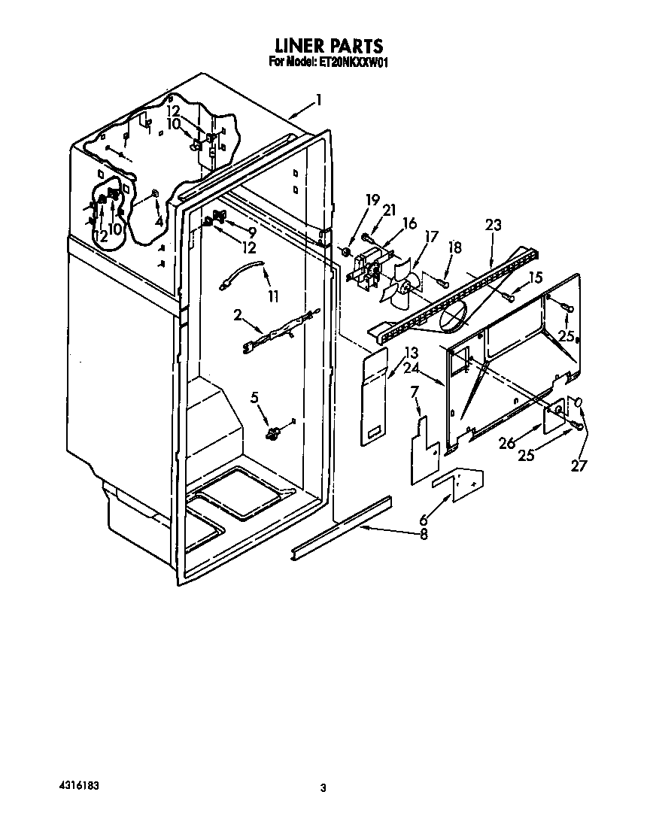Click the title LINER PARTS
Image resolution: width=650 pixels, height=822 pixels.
pyautogui.click(x=329, y=45)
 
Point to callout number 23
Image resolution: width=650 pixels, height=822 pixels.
pyautogui.click(x=493, y=225)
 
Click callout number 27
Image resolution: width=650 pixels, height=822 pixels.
pyautogui.click(x=579, y=465)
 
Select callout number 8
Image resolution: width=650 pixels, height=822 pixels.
pyautogui.click(x=424, y=534)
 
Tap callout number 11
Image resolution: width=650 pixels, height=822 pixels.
pyautogui.click(x=272, y=297)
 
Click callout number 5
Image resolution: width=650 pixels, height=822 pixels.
pyautogui.click(x=254, y=397)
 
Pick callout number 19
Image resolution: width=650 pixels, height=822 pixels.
pyautogui.click(x=372, y=200)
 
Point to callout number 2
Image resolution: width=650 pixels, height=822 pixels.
pyautogui.click(x=238, y=314)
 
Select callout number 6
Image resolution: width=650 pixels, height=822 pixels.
pyautogui.click(x=424, y=520)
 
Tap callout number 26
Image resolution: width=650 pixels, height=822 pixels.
pyautogui.click(x=507, y=443)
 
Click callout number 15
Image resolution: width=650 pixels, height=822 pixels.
pyautogui.click(x=535, y=277)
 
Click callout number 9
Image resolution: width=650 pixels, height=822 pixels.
pyautogui.click(x=252, y=231)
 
